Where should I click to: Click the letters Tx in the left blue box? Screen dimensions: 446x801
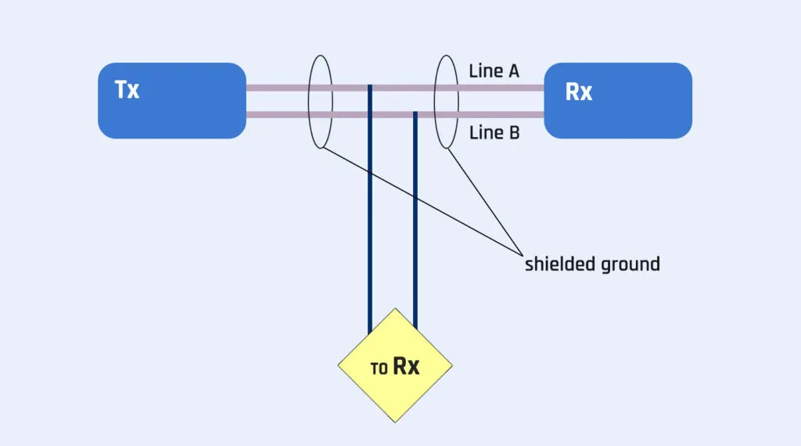127,90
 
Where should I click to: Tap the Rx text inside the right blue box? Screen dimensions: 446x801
578,92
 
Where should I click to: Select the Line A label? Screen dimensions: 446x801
494,71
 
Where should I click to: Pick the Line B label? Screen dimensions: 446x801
494,133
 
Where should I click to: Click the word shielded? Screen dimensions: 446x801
559,264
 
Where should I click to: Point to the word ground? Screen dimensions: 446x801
630,264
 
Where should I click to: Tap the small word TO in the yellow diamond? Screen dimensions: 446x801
379,369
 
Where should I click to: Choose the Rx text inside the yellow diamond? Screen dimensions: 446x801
406,366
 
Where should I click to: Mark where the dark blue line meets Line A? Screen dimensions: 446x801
370,88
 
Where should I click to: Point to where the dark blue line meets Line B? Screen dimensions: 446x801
415,115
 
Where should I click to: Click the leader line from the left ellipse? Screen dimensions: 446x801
422,201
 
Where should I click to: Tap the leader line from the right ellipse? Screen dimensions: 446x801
485,202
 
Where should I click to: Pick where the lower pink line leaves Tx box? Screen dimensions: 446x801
247,116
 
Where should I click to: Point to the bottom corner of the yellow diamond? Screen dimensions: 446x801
395,423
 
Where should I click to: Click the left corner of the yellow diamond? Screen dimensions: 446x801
338,365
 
